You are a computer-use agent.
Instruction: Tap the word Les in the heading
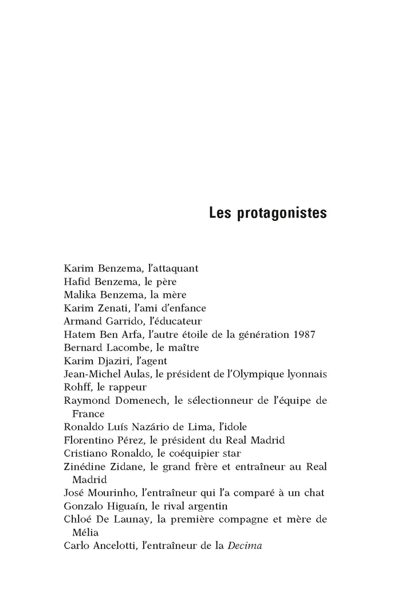tap(220, 213)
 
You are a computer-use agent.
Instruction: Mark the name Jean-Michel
tap(91, 374)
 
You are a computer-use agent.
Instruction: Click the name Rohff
tap(77, 387)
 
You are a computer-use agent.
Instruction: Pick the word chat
tap(316, 493)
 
